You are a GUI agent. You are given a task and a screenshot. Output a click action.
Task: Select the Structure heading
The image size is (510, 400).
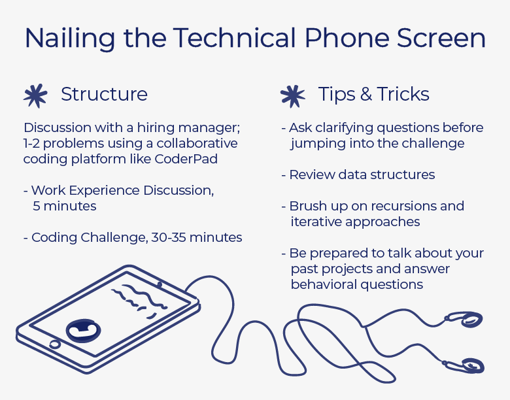(x=104, y=94)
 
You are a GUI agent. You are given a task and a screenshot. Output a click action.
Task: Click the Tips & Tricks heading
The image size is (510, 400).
(x=373, y=94)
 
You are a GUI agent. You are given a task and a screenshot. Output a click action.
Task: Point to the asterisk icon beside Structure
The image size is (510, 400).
(x=35, y=95)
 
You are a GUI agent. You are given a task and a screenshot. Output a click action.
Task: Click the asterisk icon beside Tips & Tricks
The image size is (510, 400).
(x=292, y=95)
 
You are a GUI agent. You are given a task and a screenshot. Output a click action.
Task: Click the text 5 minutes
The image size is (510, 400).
(x=65, y=206)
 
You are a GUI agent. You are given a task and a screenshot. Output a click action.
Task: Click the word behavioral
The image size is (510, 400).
(x=324, y=284)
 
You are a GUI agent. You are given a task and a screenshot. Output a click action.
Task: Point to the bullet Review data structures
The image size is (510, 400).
(x=358, y=175)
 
